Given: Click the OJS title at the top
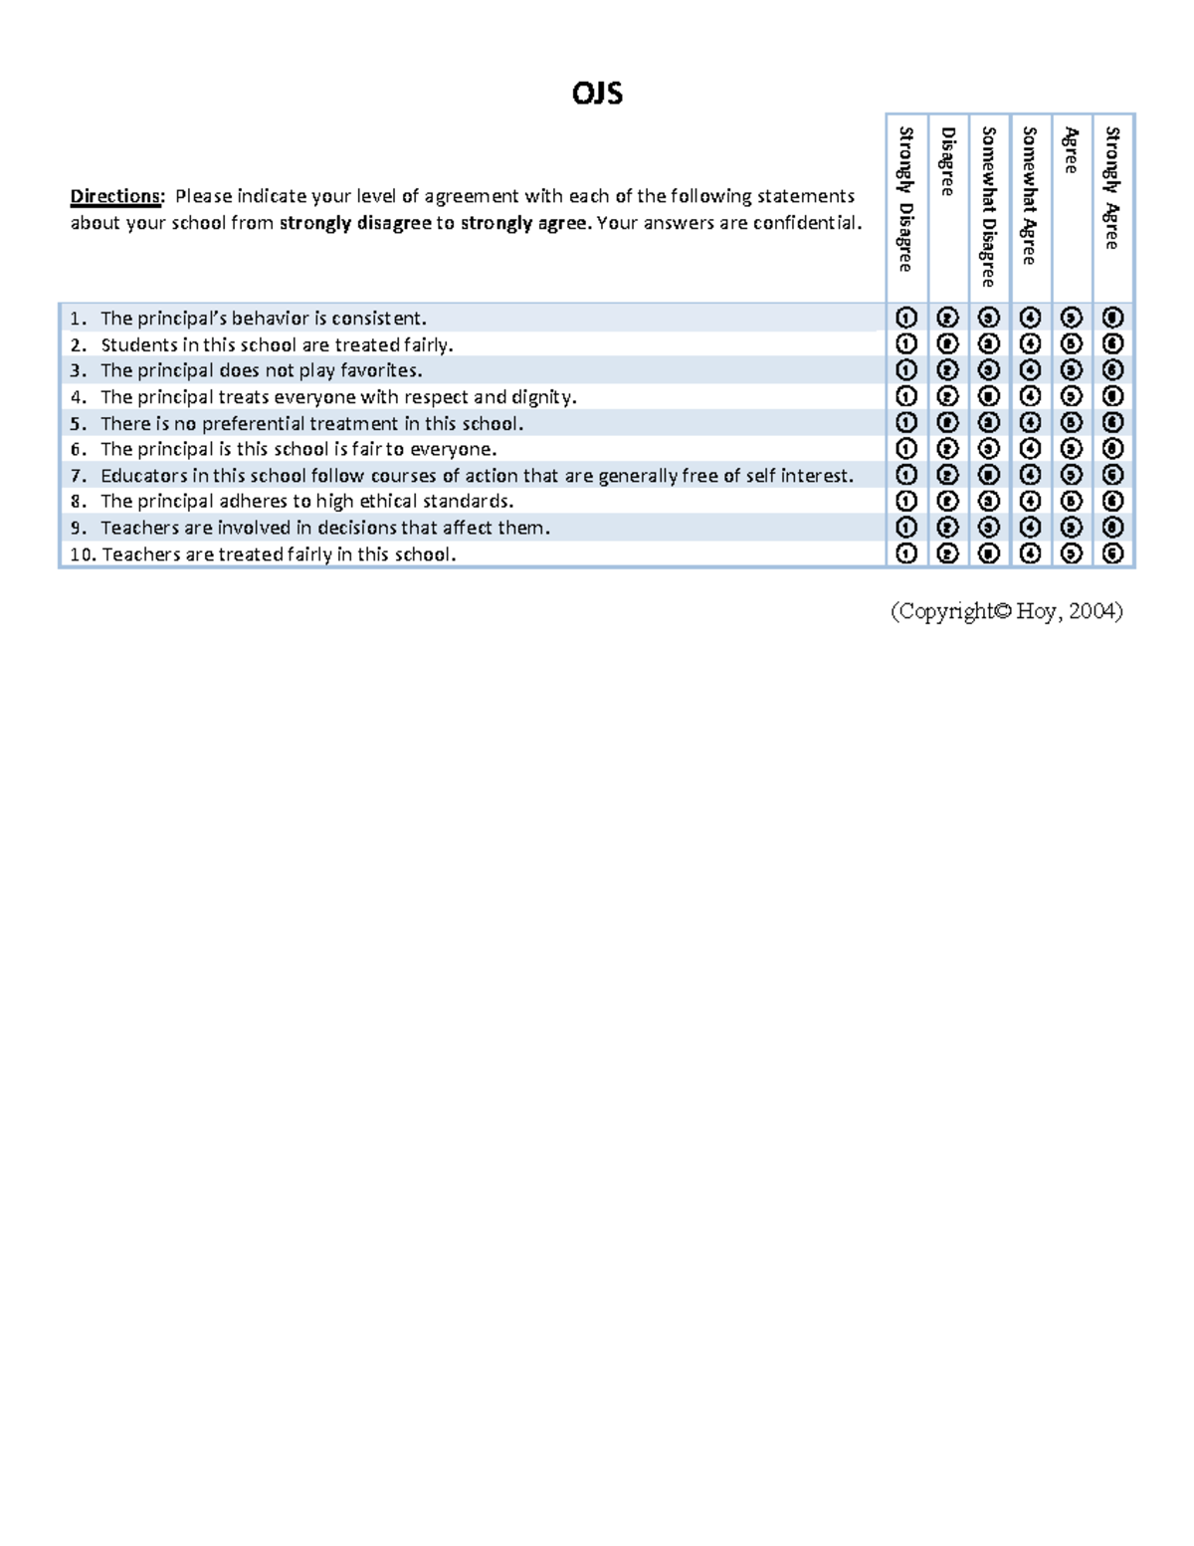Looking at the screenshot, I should click(597, 94).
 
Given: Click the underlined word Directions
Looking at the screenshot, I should click(115, 196).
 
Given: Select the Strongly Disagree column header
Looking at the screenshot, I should click(905, 199).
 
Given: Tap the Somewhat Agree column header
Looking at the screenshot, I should click(1030, 196).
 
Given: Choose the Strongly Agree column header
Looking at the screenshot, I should click(1112, 188).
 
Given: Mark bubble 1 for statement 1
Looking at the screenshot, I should click(905, 318).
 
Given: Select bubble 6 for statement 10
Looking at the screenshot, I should click(1112, 553).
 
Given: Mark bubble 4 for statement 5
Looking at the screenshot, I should click(1030, 423).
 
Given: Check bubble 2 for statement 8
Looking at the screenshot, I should click(947, 501).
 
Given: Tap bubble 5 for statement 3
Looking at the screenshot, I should click(1071, 370).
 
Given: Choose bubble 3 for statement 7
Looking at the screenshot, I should click(988, 475).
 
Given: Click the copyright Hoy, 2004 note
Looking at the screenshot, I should click(1006, 611).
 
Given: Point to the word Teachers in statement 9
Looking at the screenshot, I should click(139, 528).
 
